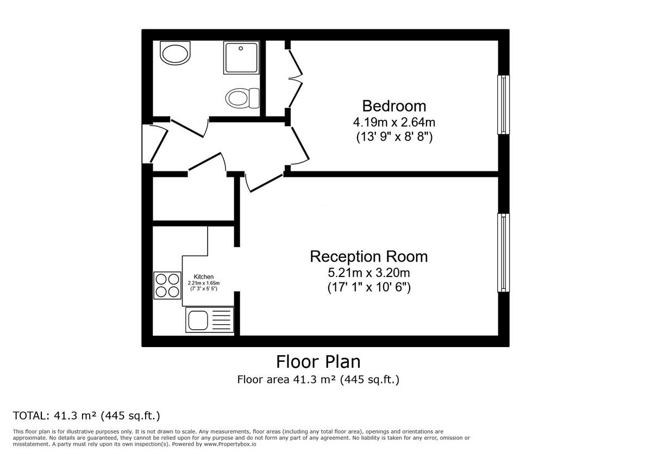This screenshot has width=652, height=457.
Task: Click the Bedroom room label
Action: pyautogui.click(x=394, y=106)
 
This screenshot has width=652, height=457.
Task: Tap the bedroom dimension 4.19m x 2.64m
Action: pyautogui.click(x=394, y=122)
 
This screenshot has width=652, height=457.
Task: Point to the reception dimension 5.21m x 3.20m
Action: pyautogui.click(x=368, y=272)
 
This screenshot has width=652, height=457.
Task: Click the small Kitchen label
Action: pyautogui.click(x=204, y=277)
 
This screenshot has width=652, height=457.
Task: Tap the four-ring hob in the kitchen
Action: pyautogui.click(x=167, y=285)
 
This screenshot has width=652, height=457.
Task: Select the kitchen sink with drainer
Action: pyautogui.click(x=210, y=320)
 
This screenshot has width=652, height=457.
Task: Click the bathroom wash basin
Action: pyautogui.click(x=175, y=54)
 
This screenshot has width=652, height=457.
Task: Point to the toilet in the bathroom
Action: pyautogui.click(x=239, y=98)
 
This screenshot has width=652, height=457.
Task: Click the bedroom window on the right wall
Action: pyautogui.click(x=504, y=104)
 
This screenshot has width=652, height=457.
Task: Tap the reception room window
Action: pyautogui.click(x=504, y=252)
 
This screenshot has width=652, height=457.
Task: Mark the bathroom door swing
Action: pyautogui.click(x=189, y=128)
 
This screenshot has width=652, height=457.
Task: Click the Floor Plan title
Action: pyautogui.click(x=318, y=362)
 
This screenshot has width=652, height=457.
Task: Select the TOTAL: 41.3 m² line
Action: pyautogui.click(x=87, y=416)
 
